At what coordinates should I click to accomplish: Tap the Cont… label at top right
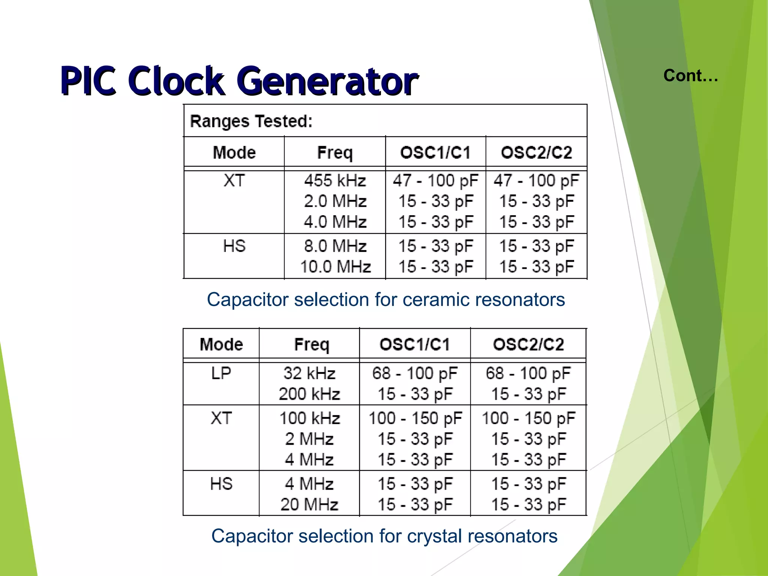click(690, 76)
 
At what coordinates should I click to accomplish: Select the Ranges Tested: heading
click(251, 121)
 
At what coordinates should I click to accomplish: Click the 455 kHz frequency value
click(335, 181)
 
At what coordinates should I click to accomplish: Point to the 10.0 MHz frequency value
click(335, 267)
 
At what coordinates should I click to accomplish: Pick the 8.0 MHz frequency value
click(335, 246)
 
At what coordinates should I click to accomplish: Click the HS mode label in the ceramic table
click(234, 246)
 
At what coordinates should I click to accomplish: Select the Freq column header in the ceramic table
click(335, 153)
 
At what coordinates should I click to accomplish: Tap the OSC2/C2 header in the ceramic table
click(536, 153)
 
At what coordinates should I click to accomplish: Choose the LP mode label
click(221, 373)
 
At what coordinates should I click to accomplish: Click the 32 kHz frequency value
click(309, 373)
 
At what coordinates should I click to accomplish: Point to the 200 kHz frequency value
click(309, 394)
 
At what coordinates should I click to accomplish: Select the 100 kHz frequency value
click(310, 418)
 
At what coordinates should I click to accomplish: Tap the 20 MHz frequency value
click(309, 505)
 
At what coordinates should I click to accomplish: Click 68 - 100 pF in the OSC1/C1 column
click(415, 373)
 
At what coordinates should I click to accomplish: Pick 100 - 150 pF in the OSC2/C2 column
click(528, 418)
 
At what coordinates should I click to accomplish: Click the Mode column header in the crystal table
click(221, 344)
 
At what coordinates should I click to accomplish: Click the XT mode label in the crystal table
click(221, 418)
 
